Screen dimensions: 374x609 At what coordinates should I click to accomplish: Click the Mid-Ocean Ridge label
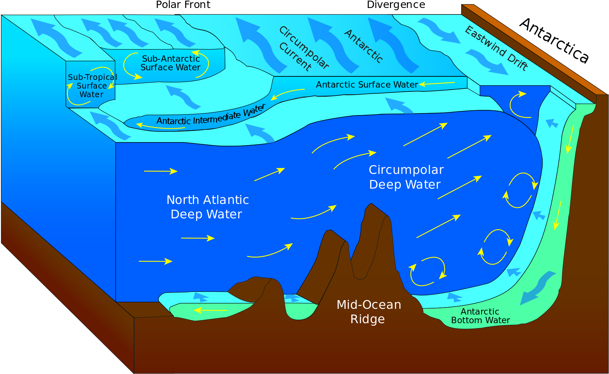[x=368, y=312]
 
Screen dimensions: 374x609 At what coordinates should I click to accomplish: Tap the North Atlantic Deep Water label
[x=207, y=207]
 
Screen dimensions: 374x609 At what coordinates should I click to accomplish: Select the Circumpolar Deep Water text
[x=406, y=177]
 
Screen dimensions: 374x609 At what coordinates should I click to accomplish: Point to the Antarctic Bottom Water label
[x=480, y=316]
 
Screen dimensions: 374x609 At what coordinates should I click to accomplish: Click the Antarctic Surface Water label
[x=367, y=85]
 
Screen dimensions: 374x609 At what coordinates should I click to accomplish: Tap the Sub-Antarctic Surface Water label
[x=170, y=63]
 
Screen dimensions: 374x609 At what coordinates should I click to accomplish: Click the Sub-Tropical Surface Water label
[x=92, y=86]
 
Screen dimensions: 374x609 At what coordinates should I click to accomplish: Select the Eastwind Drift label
[x=496, y=48]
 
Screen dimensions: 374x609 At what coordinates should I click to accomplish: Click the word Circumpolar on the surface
[x=304, y=48]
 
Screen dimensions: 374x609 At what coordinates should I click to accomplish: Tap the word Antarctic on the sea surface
[x=364, y=46]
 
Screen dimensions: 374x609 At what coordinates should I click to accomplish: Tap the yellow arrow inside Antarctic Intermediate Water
[x=160, y=127]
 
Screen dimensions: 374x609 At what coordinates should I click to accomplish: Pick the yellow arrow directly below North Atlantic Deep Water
[x=198, y=238]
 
